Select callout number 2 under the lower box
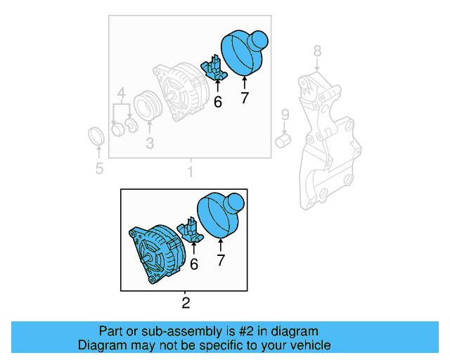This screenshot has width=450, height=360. (x=186, y=304)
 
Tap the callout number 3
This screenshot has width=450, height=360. (x=150, y=144)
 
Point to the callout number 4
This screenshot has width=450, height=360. (x=122, y=93)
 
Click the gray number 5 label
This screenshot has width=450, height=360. (x=99, y=168)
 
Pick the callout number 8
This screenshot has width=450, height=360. (x=317, y=51)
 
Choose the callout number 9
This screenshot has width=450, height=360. (x=285, y=115)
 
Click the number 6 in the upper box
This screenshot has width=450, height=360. (x=217, y=102)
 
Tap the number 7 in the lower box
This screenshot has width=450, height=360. (x=221, y=262)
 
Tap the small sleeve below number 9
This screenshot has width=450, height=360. (x=284, y=141)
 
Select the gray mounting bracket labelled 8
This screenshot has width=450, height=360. (x=328, y=141)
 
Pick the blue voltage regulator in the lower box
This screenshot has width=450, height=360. (x=191, y=231)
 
